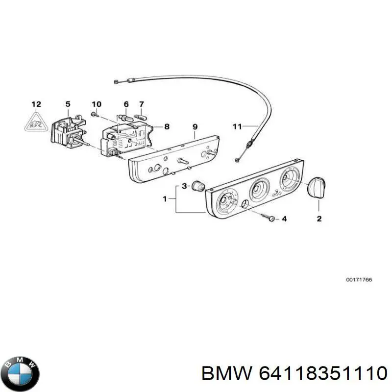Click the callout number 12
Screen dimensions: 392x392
click(x=36, y=104)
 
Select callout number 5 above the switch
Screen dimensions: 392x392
click(x=68, y=104)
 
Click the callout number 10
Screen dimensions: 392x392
click(x=97, y=104)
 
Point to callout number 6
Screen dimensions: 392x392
click(x=126, y=104)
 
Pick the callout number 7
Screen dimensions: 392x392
click(x=142, y=104)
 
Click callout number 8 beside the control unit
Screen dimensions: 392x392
click(x=167, y=126)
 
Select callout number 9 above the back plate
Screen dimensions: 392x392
click(x=195, y=126)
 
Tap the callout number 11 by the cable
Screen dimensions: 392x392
click(x=237, y=126)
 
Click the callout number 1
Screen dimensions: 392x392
click(x=165, y=199)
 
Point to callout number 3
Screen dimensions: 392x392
click(x=184, y=186)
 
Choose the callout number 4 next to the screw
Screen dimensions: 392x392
click(x=284, y=219)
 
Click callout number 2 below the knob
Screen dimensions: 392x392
click(x=319, y=219)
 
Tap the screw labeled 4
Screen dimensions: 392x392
click(x=270, y=217)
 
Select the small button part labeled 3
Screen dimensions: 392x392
click(x=198, y=186)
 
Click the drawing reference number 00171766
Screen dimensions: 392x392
click(x=359, y=280)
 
